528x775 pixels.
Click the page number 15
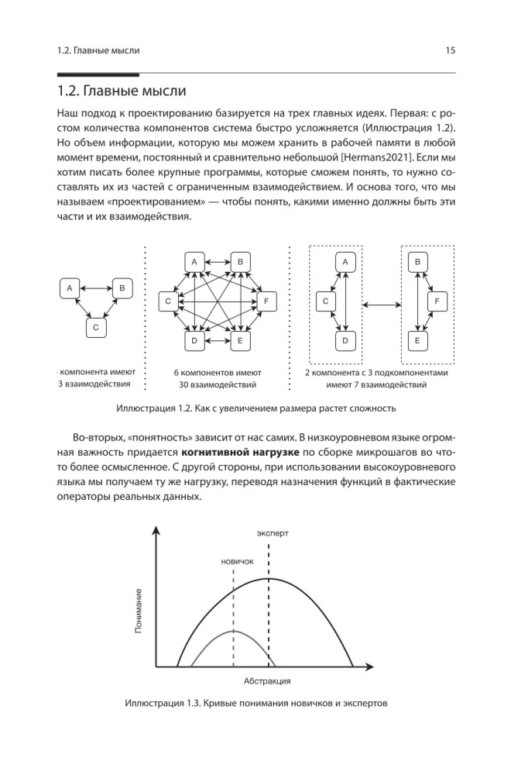pyautogui.click(x=450, y=50)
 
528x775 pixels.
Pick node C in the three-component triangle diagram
pyautogui.click(x=94, y=328)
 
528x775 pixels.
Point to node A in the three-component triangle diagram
pyautogui.click(x=70, y=288)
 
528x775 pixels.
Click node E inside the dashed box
pyautogui.click(x=418, y=340)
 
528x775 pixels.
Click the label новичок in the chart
pyautogui.click(x=237, y=561)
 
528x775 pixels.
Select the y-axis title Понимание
pyautogui.click(x=139, y=611)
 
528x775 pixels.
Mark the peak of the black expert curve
pyautogui.click(x=268, y=579)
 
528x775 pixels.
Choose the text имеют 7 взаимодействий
pyautogui.click(x=376, y=384)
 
